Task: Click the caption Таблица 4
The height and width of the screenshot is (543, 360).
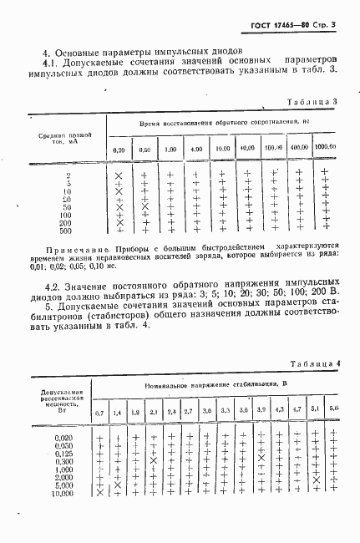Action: pyautogui.click(x=312, y=363)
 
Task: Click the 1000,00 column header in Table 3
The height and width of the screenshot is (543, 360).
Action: pyautogui.click(x=324, y=147)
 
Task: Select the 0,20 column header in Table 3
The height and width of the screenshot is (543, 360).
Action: pyautogui.click(x=119, y=149)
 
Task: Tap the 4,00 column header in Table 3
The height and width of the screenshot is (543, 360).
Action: pyautogui.click(x=196, y=149)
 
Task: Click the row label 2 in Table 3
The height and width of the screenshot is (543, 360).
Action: pyautogui.click(x=66, y=175)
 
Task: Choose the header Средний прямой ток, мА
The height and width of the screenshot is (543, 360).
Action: pyautogui.click(x=63, y=136)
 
